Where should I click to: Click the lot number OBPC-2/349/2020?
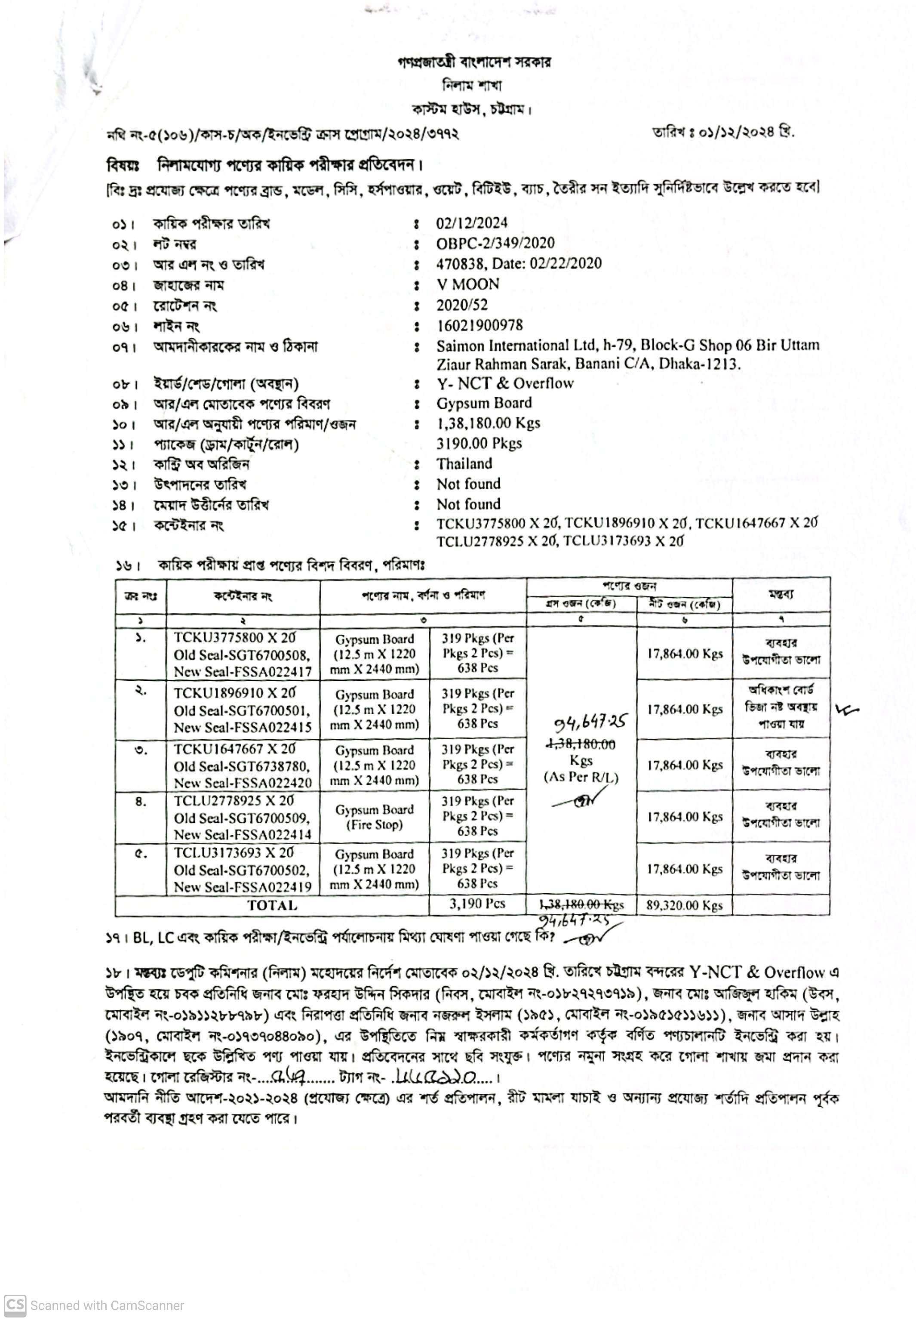point(495,244)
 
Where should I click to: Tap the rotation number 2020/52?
point(461,305)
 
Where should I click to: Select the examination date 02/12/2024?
point(471,223)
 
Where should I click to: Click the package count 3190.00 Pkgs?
point(479,443)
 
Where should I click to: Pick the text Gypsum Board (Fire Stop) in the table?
point(374,817)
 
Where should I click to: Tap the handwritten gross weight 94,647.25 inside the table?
point(590,722)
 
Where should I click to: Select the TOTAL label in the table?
point(272,905)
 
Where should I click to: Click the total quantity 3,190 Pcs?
point(477,904)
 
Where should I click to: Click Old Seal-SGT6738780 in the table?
point(242,766)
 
